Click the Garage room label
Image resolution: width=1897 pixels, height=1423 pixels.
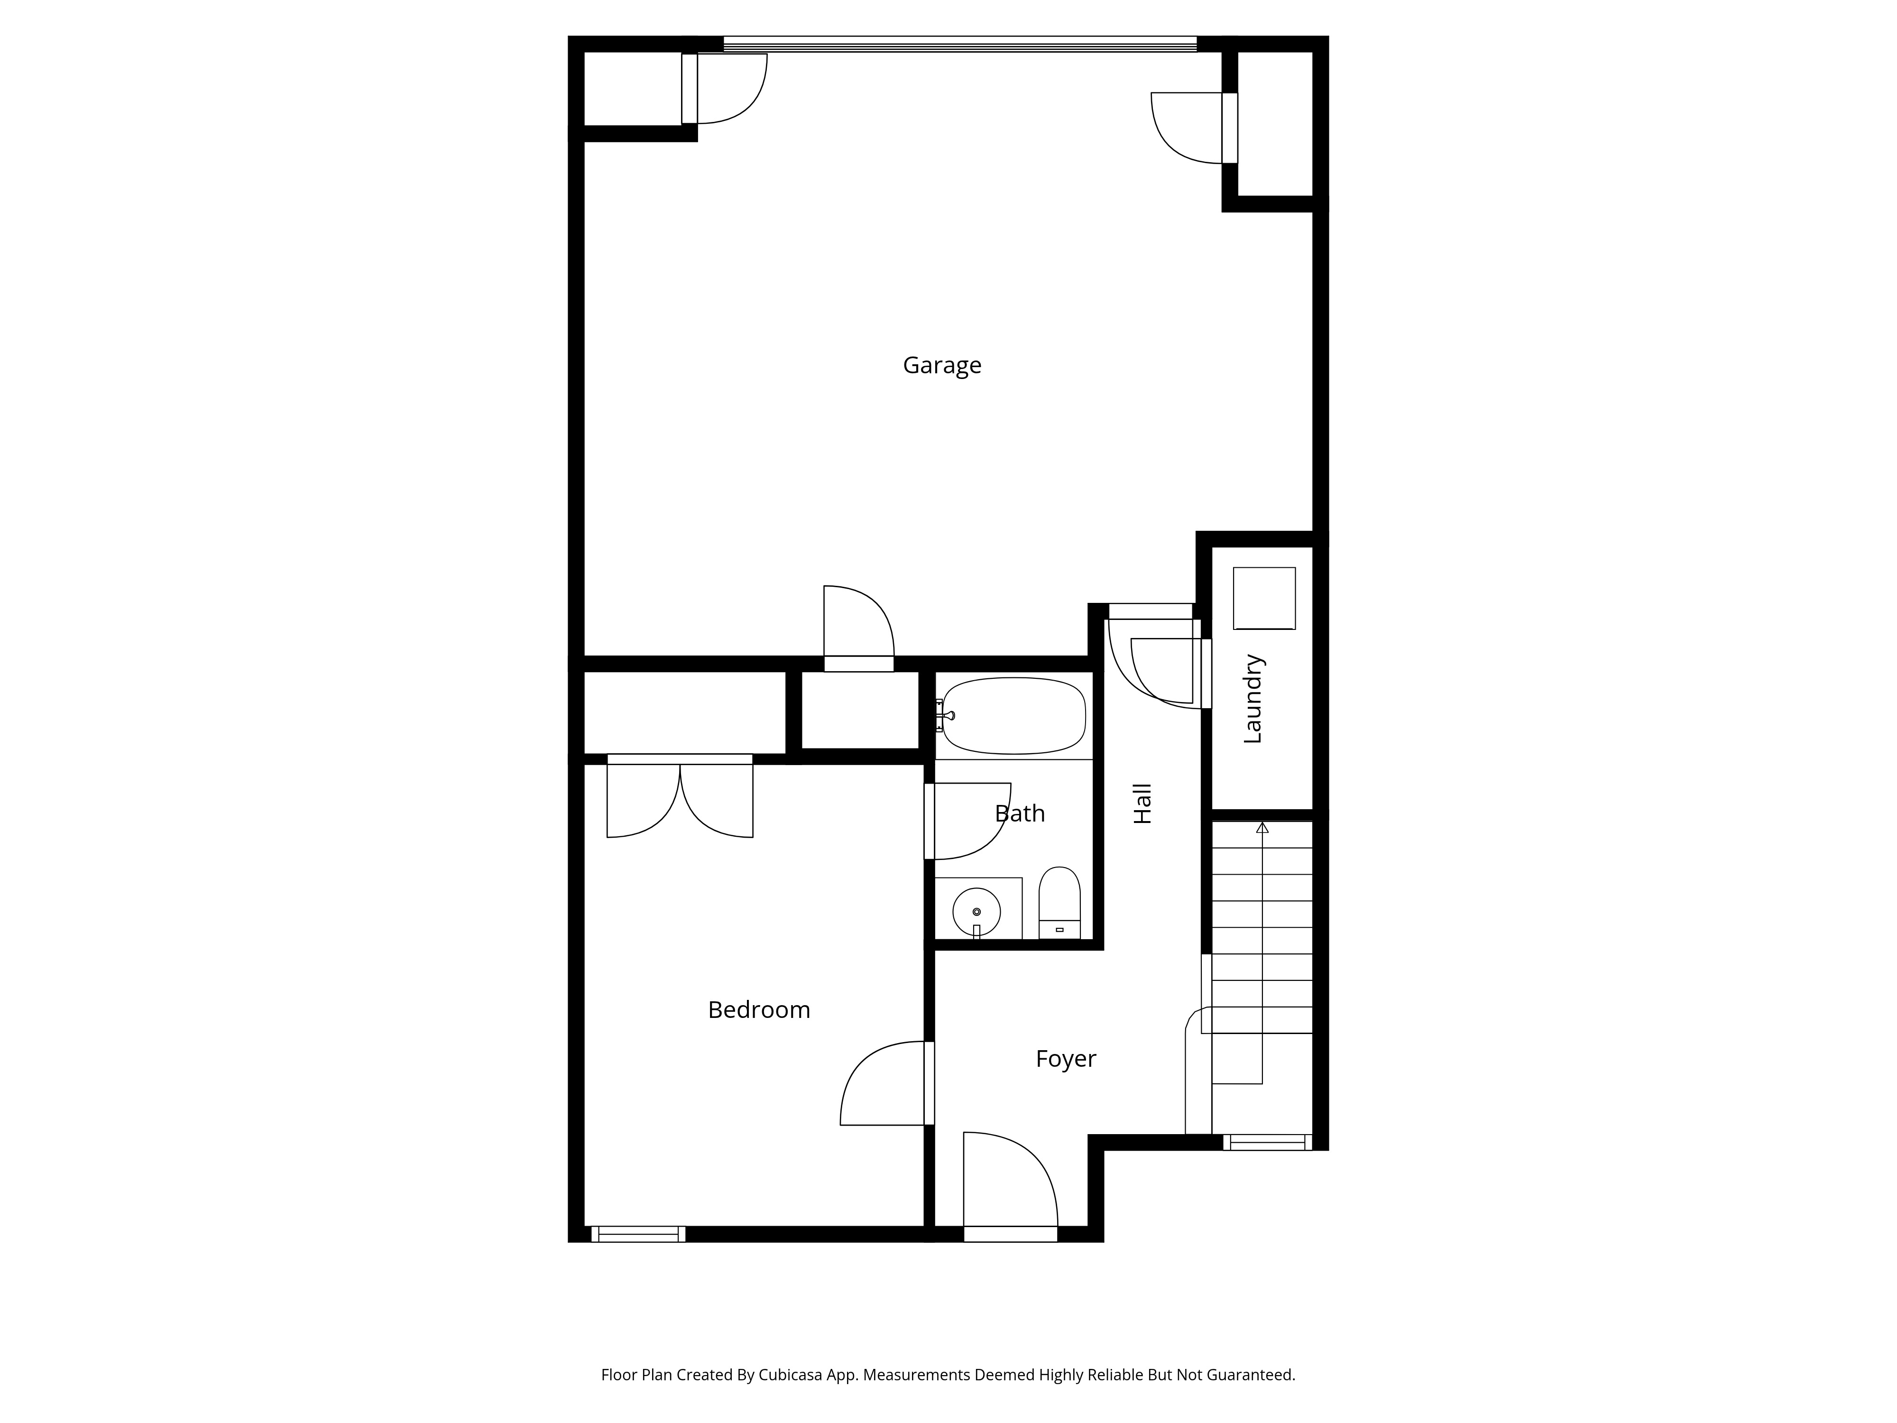click(x=942, y=365)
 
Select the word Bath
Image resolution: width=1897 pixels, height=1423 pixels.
click(x=1020, y=813)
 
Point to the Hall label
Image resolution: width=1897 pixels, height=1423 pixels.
click(x=1142, y=804)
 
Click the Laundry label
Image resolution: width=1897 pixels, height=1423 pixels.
click(x=1253, y=699)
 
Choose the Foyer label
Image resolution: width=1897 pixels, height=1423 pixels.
click(x=1065, y=1058)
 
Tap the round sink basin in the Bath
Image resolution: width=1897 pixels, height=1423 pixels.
click(x=976, y=912)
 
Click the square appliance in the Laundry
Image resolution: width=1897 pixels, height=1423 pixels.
click(x=1264, y=598)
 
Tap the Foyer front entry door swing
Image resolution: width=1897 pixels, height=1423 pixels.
click(x=1010, y=1183)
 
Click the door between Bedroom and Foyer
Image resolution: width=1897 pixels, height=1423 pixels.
click(x=884, y=1083)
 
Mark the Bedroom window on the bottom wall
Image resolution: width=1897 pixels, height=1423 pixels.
click(x=638, y=1234)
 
